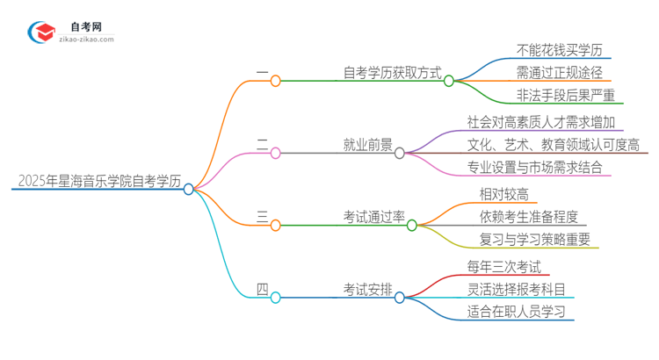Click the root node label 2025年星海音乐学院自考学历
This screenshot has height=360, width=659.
99,182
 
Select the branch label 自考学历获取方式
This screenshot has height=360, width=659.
392,73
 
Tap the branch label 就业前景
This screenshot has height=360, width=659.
368,145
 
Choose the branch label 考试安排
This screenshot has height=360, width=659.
368,290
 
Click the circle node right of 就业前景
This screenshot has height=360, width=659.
400,153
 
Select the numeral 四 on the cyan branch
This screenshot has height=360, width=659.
262,289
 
